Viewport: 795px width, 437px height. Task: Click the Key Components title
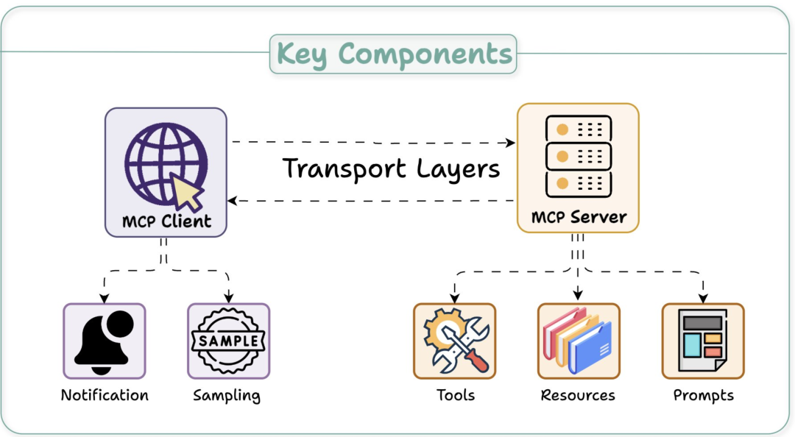click(394, 54)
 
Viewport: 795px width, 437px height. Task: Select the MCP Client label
click(166, 220)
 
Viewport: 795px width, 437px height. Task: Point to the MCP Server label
click(579, 217)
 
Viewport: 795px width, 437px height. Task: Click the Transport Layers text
click(392, 168)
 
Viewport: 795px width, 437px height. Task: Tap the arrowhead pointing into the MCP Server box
click(509, 142)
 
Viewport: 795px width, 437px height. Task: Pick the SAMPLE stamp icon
click(228, 341)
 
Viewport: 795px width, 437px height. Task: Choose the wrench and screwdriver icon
click(454, 341)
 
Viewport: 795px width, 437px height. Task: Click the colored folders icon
click(578, 341)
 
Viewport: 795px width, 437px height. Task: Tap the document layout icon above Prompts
click(702, 341)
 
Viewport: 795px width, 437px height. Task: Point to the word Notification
click(105, 395)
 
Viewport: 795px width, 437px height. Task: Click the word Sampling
click(227, 396)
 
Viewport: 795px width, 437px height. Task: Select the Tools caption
click(456, 395)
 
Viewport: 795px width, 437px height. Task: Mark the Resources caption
click(578, 395)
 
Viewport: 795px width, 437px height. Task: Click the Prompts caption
click(704, 396)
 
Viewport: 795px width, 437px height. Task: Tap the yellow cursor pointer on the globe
click(187, 193)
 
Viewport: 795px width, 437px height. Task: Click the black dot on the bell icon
click(119, 324)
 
